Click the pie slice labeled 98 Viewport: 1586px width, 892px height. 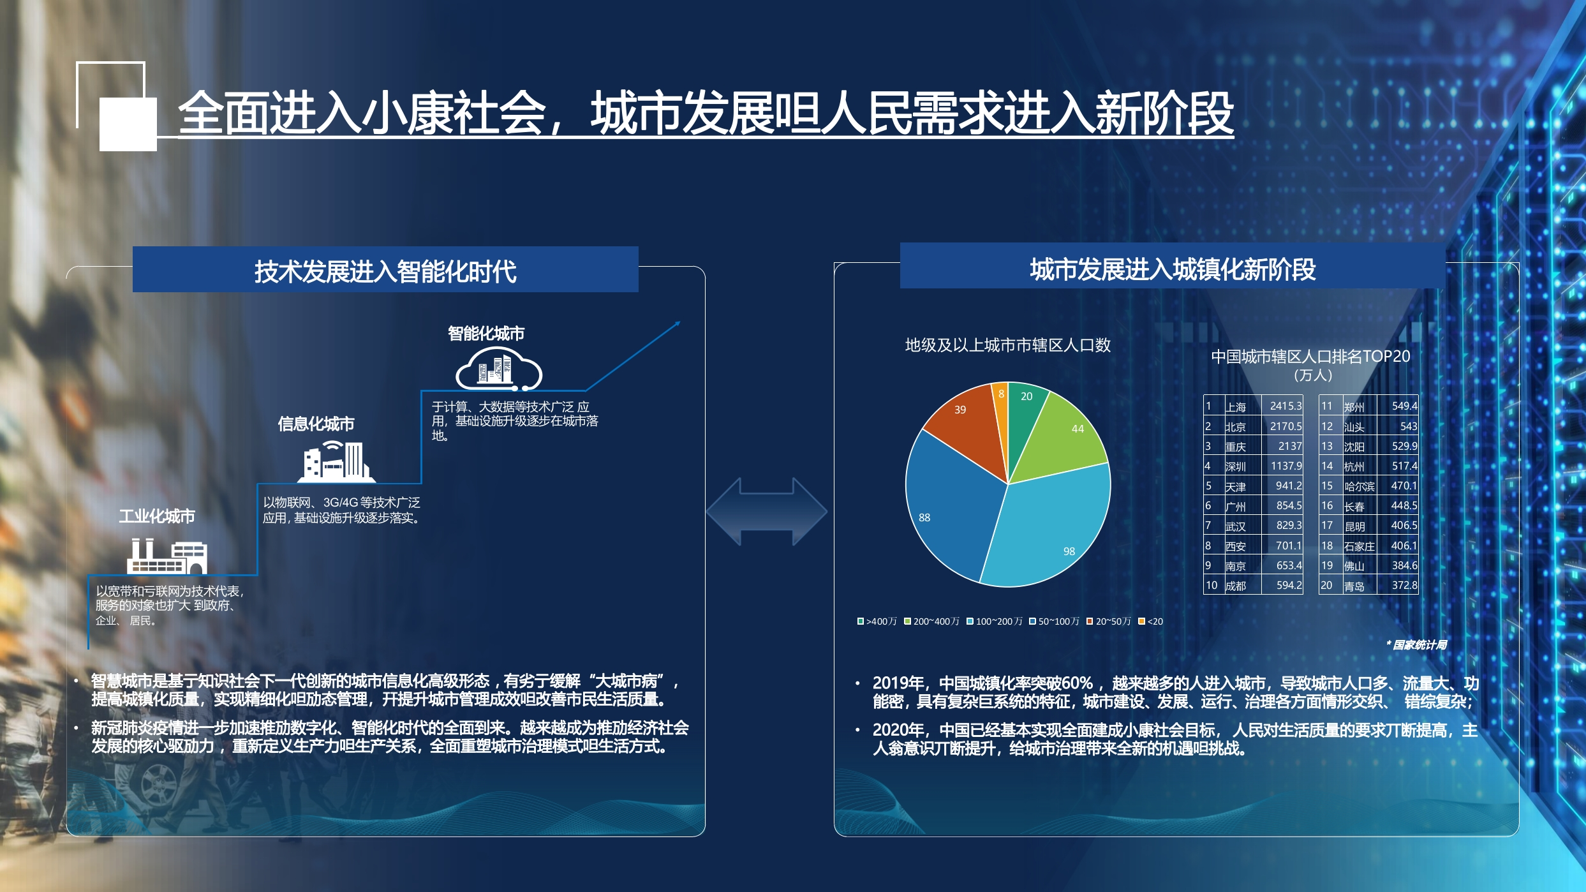(x=1053, y=530)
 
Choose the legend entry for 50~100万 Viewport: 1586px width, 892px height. (x=1054, y=621)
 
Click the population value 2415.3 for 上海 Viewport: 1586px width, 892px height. (x=1286, y=406)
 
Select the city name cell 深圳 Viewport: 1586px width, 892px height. (x=1236, y=466)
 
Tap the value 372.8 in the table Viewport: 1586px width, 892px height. (x=1404, y=585)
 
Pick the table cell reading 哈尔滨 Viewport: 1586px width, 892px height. (x=1360, y=486)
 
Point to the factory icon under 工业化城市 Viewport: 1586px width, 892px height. (x=167, y=556)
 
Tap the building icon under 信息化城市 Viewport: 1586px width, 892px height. (x=336, y=461)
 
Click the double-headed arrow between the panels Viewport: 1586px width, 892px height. (x=767, y=511)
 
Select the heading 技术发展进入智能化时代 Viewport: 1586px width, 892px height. (x=385, y=271)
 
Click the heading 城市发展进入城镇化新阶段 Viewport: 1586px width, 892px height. (x=1173, y=269)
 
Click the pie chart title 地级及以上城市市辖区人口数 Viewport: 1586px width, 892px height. (x=1008, y=345)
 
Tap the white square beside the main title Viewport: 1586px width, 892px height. (x=128, y=124)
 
